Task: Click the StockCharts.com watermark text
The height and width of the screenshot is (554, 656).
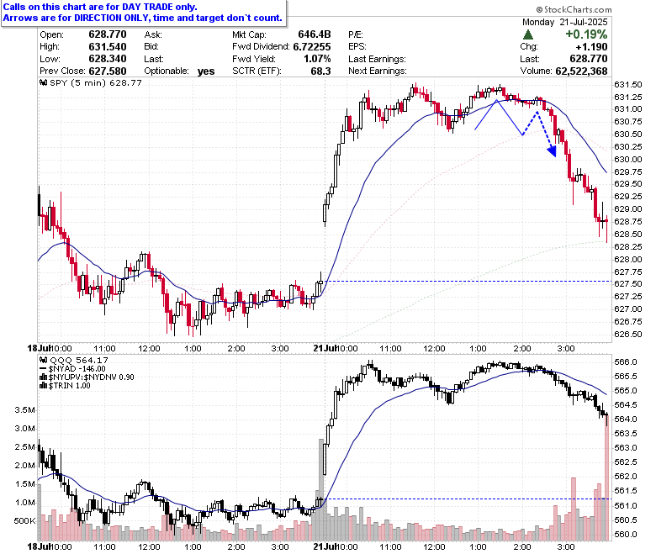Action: [574, 9]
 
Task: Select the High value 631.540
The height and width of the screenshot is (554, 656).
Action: [108, 46]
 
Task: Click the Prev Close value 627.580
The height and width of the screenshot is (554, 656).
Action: [108, 71]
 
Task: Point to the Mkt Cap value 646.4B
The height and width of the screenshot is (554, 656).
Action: [315, 34]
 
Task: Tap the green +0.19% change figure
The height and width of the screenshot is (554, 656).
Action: [586, 34]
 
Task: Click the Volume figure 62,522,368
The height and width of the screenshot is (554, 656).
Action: [581, 71]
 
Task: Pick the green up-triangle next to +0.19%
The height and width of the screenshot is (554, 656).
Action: [528, 34]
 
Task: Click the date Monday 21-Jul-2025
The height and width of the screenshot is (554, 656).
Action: [565, 22]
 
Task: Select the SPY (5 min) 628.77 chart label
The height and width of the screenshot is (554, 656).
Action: [91, 82]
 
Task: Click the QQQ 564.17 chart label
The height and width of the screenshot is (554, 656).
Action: [74, 360]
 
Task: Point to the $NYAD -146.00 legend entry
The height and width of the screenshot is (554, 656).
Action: [72, 369]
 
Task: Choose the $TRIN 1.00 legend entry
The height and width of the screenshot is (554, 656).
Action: [65, 386]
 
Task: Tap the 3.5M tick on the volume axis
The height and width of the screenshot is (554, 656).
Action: [24, 409]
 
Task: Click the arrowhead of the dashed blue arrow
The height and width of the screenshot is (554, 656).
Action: [553, 151]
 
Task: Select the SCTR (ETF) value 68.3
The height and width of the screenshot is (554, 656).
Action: [321, 71]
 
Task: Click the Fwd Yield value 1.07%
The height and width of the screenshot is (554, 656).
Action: [318, 59]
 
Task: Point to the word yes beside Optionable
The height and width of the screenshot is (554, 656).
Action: [206, 71]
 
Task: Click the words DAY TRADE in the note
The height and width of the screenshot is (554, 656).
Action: [146, 7]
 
